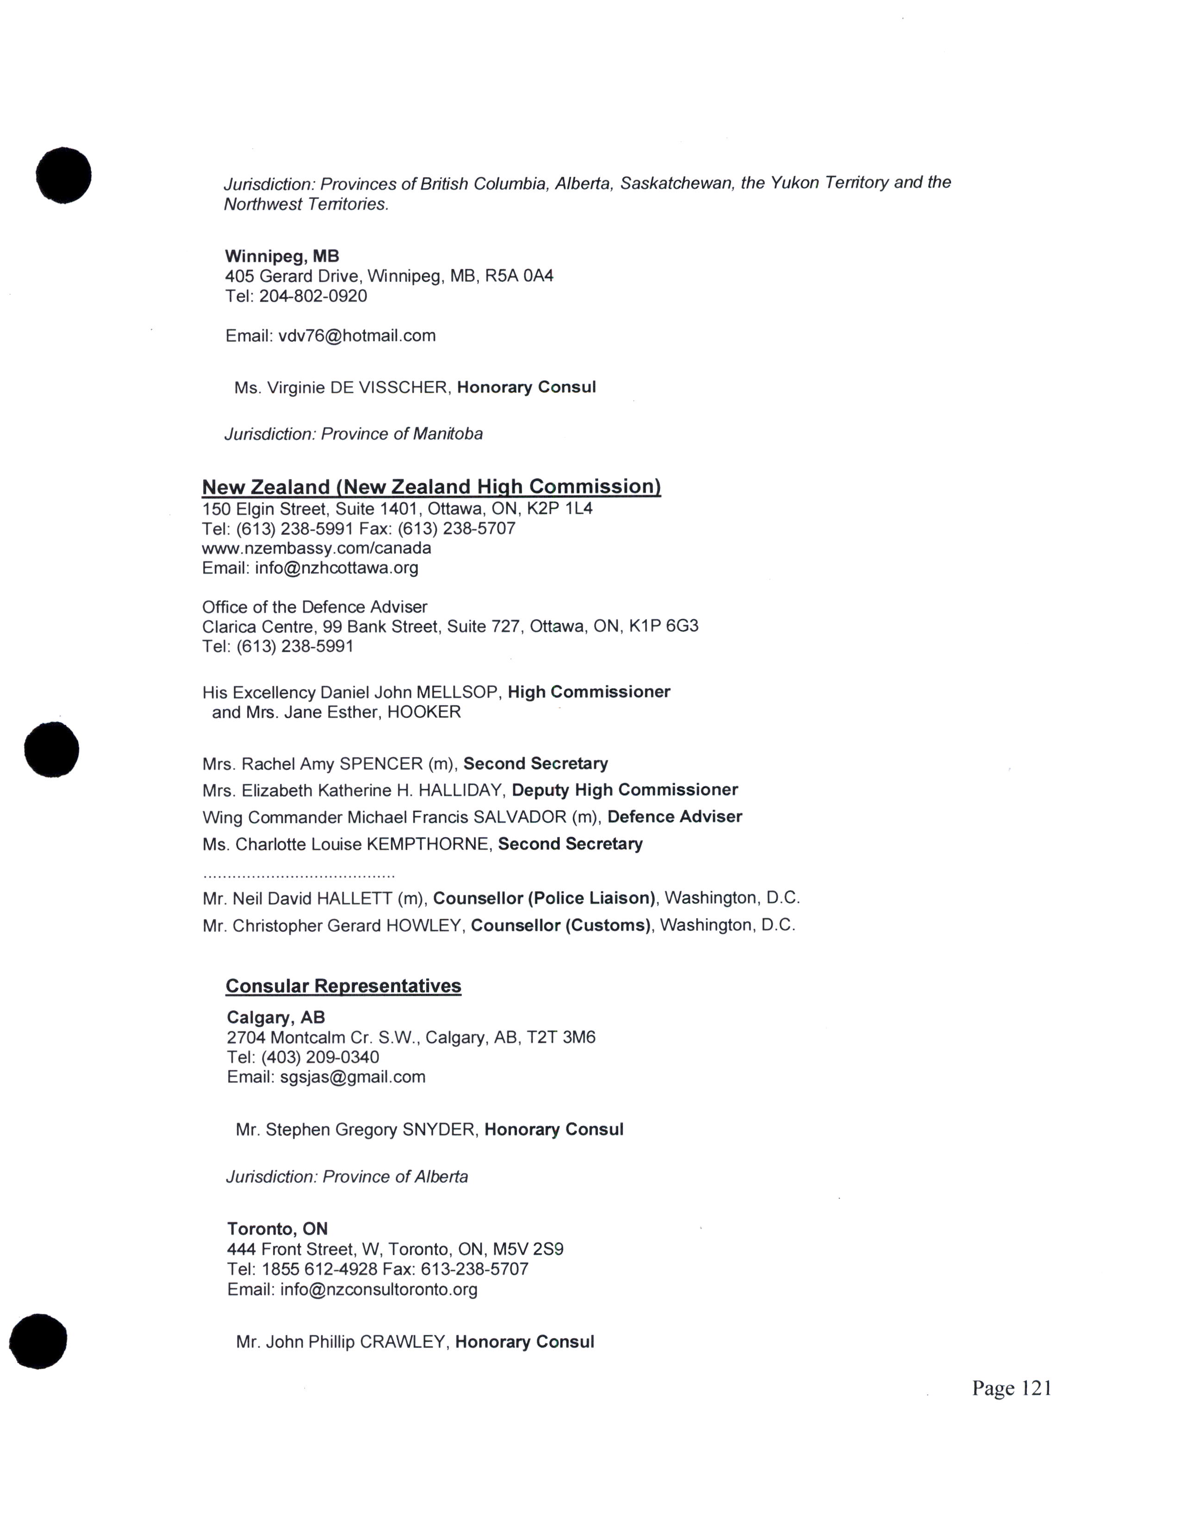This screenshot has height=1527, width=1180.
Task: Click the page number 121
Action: (1012, 1402)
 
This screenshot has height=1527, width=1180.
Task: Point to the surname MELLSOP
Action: (458, 692)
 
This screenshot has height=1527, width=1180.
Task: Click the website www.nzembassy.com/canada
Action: (316, 548)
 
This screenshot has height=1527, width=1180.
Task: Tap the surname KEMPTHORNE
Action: (427, 844)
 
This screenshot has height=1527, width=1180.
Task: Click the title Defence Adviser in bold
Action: (675, 817)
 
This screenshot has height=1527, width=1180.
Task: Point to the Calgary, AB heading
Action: (275, 1017)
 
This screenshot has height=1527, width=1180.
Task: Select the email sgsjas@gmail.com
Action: (352, 1077)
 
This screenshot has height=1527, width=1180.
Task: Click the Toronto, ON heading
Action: (277, 1229)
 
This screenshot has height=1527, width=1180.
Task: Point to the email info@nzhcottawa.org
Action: (336, 568)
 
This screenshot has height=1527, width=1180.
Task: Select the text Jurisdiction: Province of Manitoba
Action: (353, 434)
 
